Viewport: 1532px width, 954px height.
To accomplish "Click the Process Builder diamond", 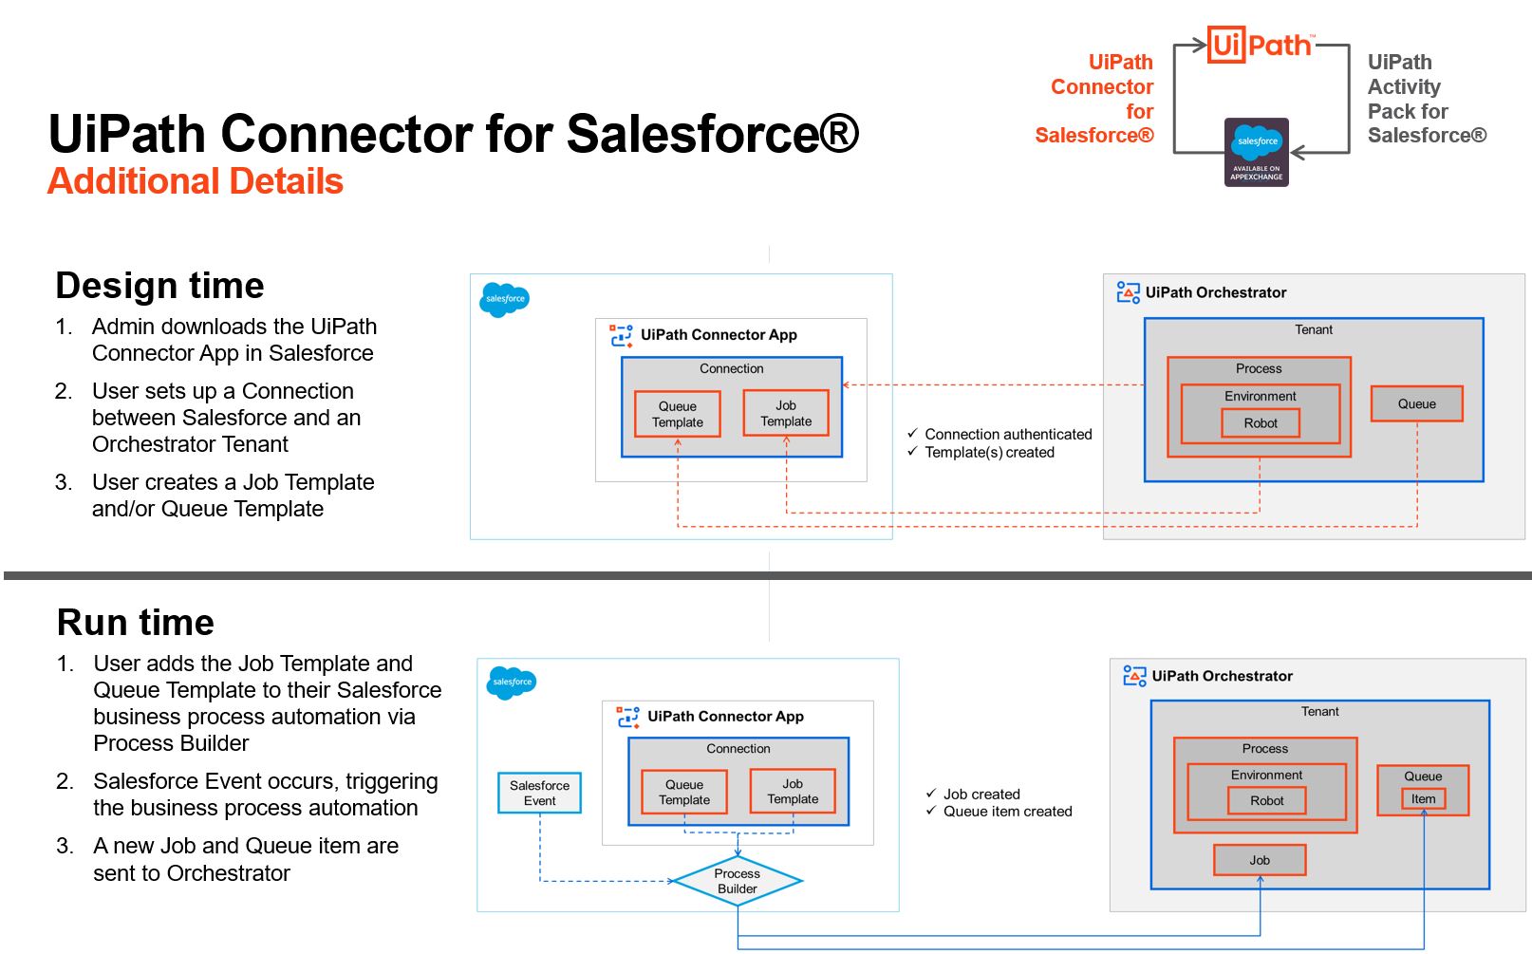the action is coord(738,881).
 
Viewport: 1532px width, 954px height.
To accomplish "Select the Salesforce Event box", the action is coord(540,793).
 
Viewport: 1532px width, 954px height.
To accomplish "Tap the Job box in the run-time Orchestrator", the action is coord(1260,860).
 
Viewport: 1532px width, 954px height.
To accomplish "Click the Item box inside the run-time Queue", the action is coord(1423,798).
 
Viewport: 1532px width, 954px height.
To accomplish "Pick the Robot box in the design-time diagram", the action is coord(1261,423).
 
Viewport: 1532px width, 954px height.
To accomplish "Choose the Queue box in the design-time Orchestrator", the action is coord(1417,403).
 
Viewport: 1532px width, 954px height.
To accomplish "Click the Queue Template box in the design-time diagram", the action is coord(677,414).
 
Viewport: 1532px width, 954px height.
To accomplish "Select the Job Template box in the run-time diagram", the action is coord(793,792).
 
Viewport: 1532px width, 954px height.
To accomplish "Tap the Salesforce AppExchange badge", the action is coord(1257,152).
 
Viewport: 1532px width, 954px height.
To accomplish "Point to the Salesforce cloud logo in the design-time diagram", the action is coord(505,300).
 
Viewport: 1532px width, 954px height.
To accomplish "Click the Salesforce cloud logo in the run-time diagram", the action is coord(512,683).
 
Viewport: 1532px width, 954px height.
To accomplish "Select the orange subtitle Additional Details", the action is coord(195,181).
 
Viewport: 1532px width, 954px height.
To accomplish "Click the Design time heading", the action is coord(159,285).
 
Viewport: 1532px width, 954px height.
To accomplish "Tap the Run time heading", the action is coord(136,623).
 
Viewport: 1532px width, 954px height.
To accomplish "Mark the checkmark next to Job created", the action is coord(931,793).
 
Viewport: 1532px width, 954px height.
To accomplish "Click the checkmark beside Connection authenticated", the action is coord(912,433).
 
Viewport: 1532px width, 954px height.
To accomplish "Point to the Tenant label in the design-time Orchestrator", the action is coord(1314,329).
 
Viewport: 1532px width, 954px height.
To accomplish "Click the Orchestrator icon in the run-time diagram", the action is coord(1134,676).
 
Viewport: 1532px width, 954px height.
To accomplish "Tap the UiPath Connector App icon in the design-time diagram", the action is coord(621,336).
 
